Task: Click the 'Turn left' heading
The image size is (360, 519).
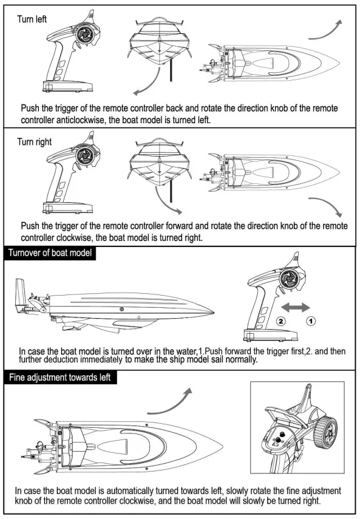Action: tap(32, 19)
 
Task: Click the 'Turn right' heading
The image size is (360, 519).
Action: tap(34, 142)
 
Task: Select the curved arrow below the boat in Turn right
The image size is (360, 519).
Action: tap(328, 206)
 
